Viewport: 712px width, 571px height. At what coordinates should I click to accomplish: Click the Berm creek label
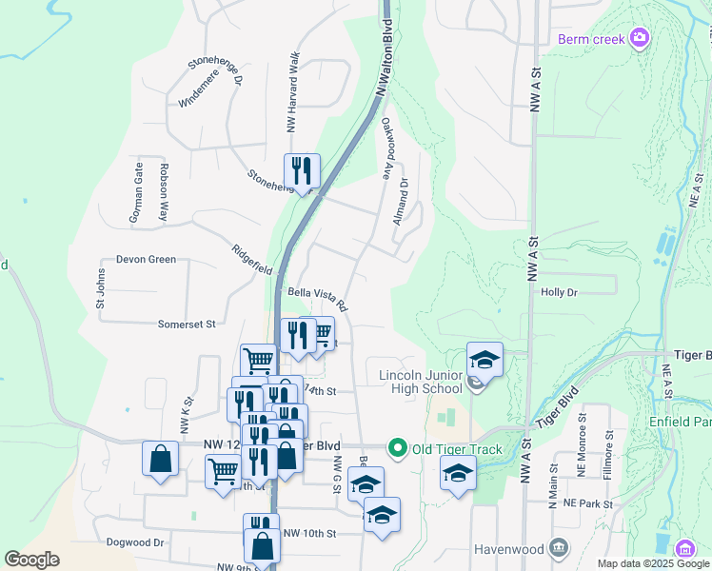[x=590, y=39]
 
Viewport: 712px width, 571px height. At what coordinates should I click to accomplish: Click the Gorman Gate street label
[x=137, y=192]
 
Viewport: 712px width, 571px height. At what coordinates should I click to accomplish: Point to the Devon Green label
[x=146, y=259]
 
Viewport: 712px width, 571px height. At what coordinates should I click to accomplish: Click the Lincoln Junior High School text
[x=420, y=381]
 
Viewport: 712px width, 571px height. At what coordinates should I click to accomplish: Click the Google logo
[x=31, y=560]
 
